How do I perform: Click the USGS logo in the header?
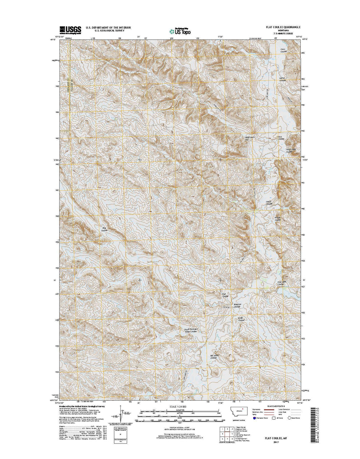pos(70,29)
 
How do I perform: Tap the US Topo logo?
pos(180,31)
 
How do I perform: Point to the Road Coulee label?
pos(241,319)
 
